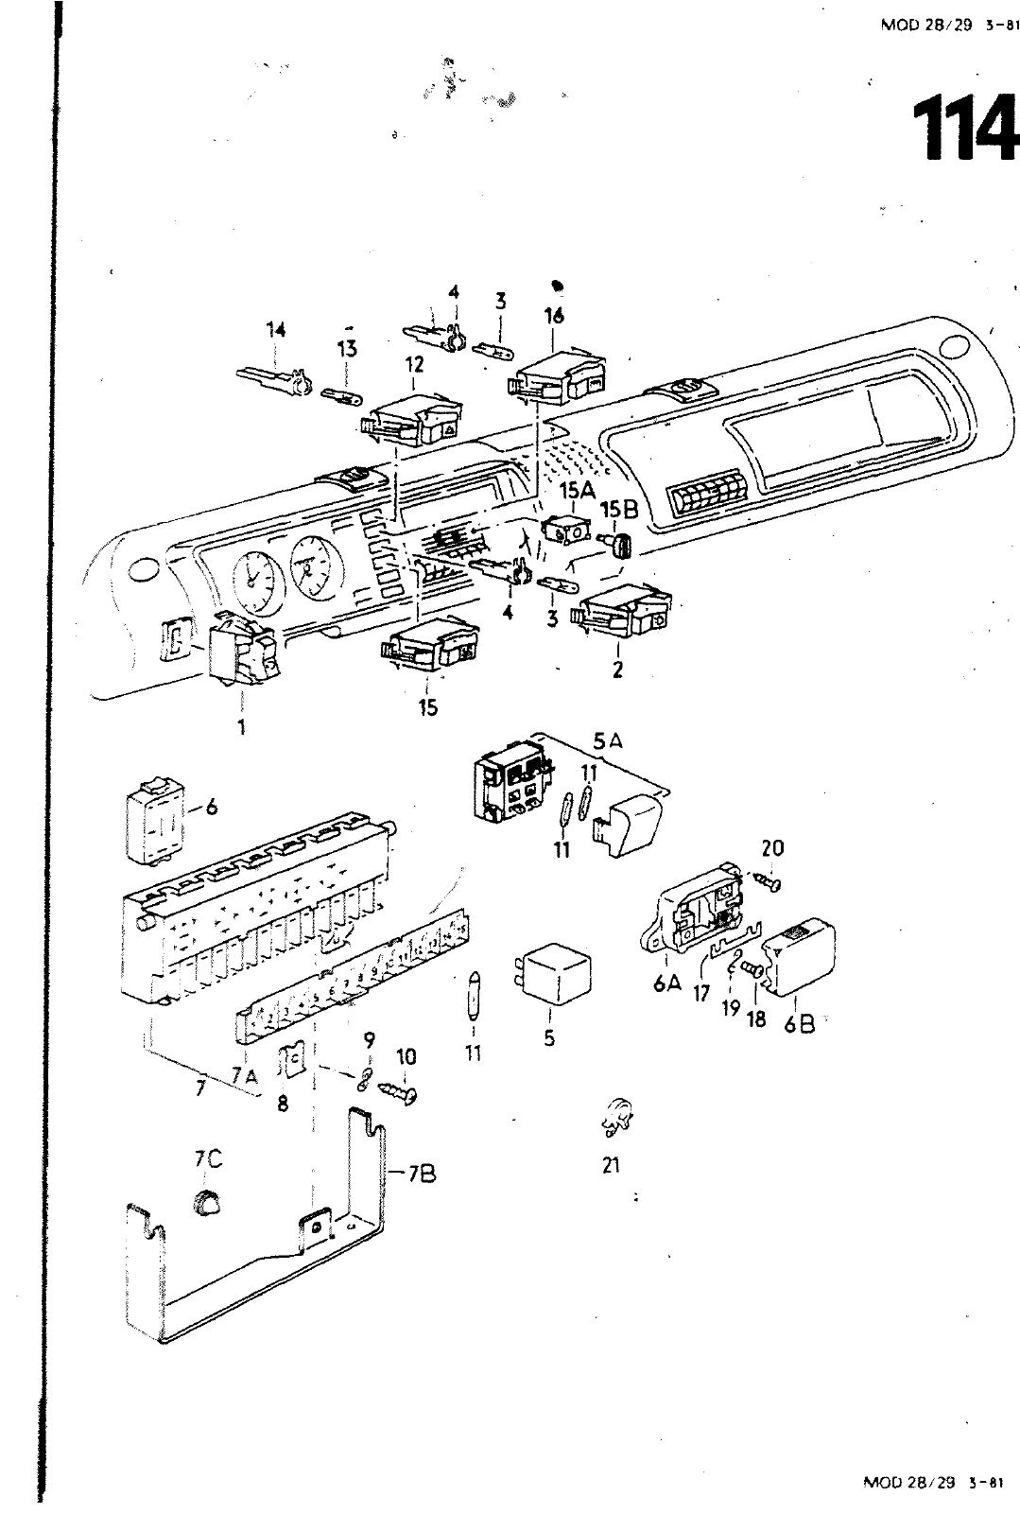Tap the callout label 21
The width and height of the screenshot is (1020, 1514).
611,1165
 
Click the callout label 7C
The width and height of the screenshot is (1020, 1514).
208,1159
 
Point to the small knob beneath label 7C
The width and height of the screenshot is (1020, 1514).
206,1203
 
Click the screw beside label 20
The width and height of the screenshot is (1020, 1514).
766,880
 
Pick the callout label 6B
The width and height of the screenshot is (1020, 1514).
799,1024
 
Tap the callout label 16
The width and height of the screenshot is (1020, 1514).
554,316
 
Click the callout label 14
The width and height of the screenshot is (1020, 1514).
275,330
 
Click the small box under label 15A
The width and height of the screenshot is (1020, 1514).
565,531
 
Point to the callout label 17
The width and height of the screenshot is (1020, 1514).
701,995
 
